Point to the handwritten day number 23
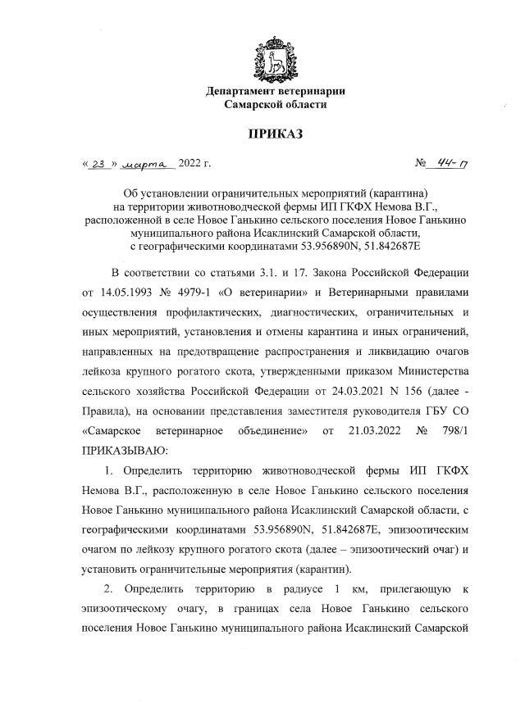pyautogui.click(x=99, y=165)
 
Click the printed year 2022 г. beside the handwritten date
pyautogui.click(x=194, y=165)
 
